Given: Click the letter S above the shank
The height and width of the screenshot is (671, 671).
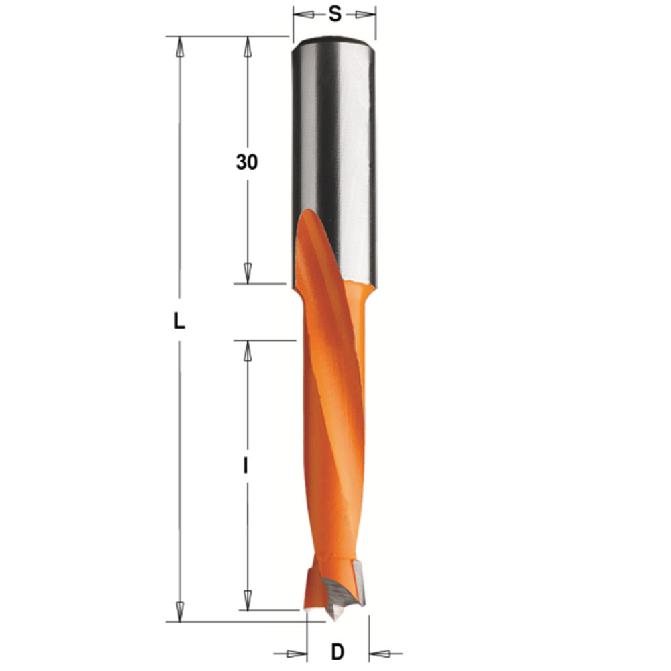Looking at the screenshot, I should click(333, 13).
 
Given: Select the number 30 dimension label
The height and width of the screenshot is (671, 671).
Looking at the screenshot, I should click(246, 162).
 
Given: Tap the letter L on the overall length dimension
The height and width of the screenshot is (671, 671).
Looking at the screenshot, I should click(178, 322).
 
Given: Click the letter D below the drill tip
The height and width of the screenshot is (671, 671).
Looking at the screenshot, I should click(338, 651).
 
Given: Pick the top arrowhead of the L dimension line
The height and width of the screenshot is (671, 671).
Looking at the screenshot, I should click(179, 46).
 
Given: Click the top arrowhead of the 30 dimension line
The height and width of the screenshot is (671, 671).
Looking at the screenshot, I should click(247, 46).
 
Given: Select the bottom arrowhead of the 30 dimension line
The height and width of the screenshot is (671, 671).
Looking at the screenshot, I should click(247, 273).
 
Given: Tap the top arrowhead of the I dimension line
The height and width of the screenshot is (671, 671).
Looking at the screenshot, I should click(247, 351).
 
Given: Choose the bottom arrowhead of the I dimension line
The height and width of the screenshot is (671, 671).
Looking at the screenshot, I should click(247, 600).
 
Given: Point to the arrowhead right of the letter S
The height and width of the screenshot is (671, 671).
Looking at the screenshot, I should click(366, 14).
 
